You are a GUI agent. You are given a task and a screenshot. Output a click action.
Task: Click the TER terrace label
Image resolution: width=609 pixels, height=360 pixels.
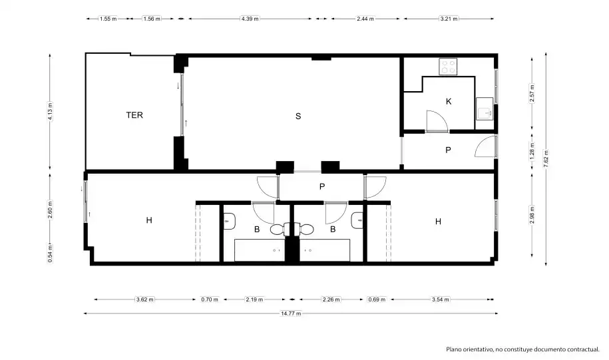134,115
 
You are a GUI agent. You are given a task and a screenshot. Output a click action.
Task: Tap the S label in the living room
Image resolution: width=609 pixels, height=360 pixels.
298,116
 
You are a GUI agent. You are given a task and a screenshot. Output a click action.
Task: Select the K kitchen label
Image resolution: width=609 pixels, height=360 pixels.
449,101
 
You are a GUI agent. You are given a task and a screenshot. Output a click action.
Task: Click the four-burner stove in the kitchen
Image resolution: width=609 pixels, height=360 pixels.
448,67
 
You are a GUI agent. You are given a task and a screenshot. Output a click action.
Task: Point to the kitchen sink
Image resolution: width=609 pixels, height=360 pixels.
485,109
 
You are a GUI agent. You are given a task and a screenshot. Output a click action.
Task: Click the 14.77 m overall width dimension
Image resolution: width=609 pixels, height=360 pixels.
291,313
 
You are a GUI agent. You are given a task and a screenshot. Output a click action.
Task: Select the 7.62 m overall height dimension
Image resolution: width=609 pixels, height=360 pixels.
546,158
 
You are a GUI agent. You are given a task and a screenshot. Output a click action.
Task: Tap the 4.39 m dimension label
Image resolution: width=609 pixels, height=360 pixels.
250,19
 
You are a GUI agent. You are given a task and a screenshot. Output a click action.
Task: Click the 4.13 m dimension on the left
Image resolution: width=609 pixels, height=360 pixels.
50,111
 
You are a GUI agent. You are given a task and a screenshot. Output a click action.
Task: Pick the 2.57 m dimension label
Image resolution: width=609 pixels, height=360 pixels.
532,93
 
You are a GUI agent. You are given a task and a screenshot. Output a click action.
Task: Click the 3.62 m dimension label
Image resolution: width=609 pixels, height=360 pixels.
145,299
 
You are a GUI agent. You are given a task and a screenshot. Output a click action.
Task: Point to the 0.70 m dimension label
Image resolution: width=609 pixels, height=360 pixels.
210,299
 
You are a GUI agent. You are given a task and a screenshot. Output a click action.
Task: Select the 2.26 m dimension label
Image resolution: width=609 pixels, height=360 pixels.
331,299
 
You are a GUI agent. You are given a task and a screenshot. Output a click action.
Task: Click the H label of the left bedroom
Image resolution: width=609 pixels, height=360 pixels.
149,220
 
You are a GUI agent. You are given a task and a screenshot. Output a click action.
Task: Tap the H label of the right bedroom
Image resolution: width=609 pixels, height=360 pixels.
438,222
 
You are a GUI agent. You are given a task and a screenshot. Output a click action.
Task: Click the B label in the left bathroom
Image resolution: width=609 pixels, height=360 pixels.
257,230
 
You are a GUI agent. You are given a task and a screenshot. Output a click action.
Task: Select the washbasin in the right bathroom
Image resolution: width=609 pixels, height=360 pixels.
357,220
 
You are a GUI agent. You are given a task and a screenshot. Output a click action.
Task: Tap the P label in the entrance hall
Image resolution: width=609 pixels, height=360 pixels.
448,150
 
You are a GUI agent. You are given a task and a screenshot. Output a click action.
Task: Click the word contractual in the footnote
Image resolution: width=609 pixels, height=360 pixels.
583,349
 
